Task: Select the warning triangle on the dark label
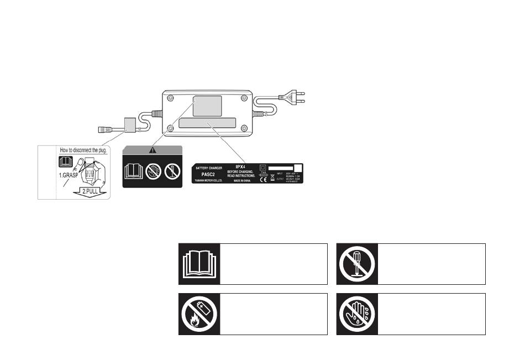point(152,149)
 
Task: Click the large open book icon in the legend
point(199,264)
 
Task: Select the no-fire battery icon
point(199,314)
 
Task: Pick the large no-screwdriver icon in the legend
point(357,264)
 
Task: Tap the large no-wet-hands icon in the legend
point(357,314)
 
